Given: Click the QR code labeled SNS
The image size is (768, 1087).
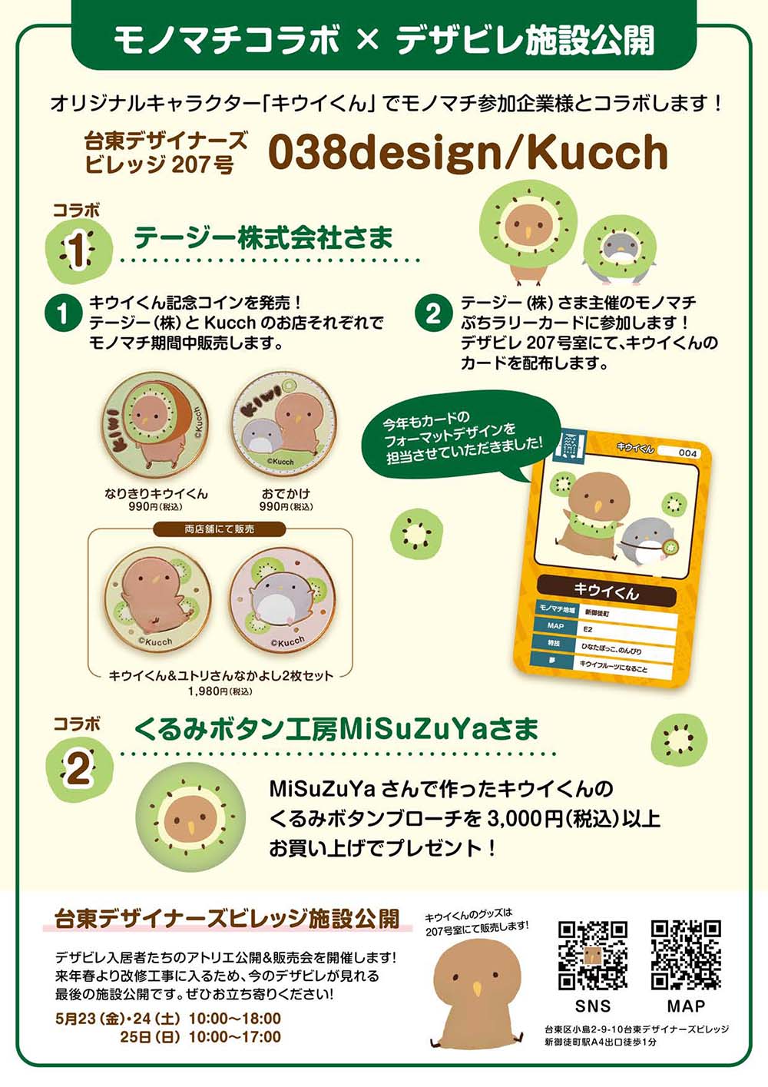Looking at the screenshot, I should (592, 955).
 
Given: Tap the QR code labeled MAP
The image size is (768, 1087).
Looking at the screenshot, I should (686, 955).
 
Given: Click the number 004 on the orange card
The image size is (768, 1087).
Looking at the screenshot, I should (687, 452).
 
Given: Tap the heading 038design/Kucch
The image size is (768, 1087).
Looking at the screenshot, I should (468, 152).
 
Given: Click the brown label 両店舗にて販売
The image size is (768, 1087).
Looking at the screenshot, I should (219, 529).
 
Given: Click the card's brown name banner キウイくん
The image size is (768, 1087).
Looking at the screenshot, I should (606, 590).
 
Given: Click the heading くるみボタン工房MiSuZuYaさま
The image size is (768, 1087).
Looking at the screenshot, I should (336, 729).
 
